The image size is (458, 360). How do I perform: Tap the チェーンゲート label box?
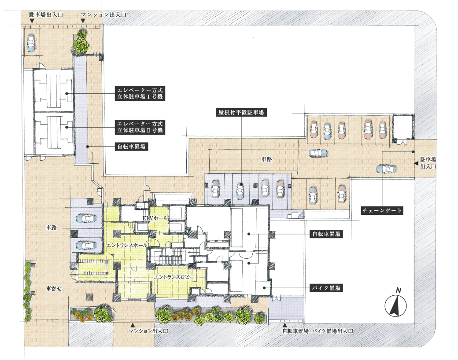pyautogui.click(x=382, y=210)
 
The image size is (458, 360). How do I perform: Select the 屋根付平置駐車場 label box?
pyautogui.click(x=241, y=112)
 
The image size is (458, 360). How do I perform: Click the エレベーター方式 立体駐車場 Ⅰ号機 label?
pyautogui.click(x=140, y=93)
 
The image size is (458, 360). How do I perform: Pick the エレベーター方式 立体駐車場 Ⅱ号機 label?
pyautogui.click(x=140, y=127)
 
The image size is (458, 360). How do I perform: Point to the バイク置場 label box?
pyautogui.click(x=326, y=288)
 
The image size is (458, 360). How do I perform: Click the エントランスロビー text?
pyautogui.click(x=174, y=277)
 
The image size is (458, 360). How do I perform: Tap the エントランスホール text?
pyautogui.click(x=127, y=245)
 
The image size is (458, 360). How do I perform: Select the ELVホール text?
pyautogui.click(x=155, y=218)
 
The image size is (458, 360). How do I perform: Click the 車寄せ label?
pyautogui.click(x=54, y=288)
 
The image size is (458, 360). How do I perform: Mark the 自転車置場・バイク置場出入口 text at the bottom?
pyautogui.click(x=318, y=331)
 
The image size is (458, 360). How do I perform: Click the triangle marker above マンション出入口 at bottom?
pyautogui.click(x=133, y=325)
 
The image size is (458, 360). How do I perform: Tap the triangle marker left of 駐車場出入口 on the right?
pyautogui.click(x=416, y=164)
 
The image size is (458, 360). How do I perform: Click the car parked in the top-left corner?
pyautogui.click(x=31, y=43)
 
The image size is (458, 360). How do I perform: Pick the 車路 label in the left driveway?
pyautogui.click(x=52, y=228)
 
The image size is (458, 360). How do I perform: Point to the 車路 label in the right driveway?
pyautogui.click(x=266, y=159)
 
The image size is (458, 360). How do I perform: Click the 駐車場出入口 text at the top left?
pyautogui.click(x=46, y=15)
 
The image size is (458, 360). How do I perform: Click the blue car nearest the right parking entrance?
pyautogui.click(x=387, y=169)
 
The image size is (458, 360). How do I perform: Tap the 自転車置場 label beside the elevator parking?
pyautogui.click(x=131, y=147)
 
